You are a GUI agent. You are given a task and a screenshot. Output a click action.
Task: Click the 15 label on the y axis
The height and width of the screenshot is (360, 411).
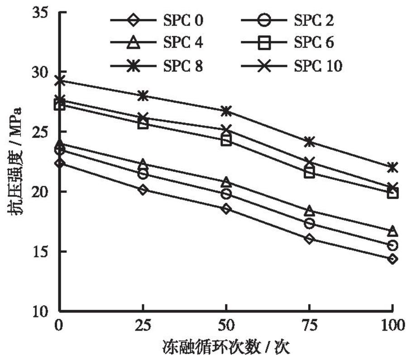point(43,252)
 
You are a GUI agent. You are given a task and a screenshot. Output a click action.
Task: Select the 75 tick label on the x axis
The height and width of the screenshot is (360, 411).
point(309,325)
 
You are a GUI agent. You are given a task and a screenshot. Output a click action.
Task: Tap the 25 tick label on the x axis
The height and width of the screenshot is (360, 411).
point(143,325)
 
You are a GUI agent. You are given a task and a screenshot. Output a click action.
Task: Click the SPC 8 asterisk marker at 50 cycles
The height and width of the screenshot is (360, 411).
point(226,111)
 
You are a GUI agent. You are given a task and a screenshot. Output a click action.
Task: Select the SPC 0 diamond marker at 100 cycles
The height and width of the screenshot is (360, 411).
point(392,259)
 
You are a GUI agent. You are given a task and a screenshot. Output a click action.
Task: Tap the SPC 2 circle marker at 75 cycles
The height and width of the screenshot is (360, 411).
point(310,223)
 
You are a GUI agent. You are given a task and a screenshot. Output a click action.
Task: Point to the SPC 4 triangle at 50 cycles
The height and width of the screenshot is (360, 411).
point(226,182)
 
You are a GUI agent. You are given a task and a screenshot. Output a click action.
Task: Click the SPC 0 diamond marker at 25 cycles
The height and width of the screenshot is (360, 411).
point(143,190)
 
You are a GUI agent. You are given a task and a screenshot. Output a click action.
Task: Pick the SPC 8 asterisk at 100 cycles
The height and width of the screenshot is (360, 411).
point(392,167)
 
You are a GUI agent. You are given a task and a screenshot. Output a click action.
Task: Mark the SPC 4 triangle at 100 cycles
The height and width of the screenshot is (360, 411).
point(392,231)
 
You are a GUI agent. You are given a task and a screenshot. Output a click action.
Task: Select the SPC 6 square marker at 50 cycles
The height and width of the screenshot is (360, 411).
point(226,141)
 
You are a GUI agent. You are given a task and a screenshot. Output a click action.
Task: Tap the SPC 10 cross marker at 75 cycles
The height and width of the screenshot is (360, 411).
point(310,162)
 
